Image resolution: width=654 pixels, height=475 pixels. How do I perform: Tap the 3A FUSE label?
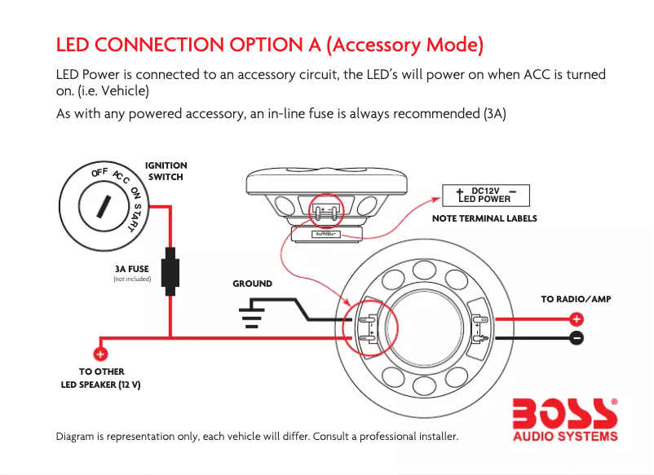coord(132,268)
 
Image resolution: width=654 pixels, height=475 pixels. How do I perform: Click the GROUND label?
coord(253,284)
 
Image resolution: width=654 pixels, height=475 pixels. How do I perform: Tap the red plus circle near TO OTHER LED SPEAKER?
coord(101,354)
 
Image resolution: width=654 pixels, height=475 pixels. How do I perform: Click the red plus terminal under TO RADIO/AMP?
coord(576,319)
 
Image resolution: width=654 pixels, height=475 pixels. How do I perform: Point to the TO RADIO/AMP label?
coord(576,299)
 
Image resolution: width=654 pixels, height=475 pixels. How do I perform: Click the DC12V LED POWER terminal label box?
coord(485,195)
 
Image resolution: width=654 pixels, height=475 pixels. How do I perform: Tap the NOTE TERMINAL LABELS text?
coord(484,218)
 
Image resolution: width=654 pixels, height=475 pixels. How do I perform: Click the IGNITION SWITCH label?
coord(166,171)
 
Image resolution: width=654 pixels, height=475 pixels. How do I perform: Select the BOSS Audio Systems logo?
coord(564,418)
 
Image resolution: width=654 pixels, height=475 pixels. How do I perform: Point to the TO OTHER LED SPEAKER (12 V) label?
coord(101,378)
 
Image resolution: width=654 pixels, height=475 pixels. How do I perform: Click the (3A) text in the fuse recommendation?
coord(494,114)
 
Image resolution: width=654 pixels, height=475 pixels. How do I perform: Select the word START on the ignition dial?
coord(137,214)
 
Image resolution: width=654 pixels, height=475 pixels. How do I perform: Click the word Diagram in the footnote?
coord(75,437)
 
